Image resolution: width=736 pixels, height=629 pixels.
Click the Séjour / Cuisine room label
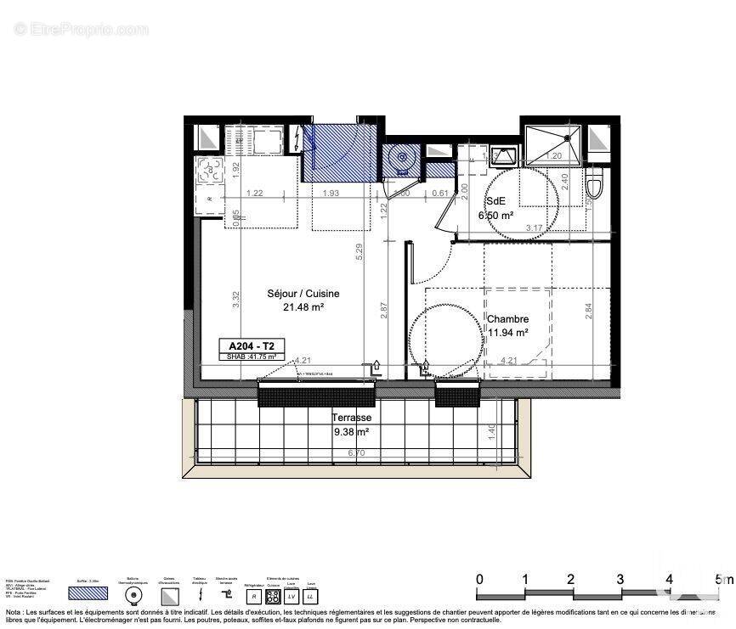pyautogui.click(x=292, y=294)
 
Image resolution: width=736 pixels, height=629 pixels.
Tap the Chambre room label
pyautogui.click(x=508, y=319)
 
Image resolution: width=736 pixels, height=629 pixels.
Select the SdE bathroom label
pyautogui.click(x=495, y=201)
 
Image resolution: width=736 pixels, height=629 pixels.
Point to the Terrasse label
pyautogui.click(x=351, y=418)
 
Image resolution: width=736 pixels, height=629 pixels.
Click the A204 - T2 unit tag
pyautogui.click(x=251, y=345)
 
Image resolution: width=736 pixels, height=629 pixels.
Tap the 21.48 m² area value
pyautogui.click(x=303, y=307)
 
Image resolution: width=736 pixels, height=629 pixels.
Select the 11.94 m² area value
pyautogui.click(x=508, y=333)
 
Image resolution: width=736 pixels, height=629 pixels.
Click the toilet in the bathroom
pyautogui.click(x=596, y=183)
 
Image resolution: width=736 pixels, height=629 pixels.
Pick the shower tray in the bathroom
pyautogui.click(x=553, y=144)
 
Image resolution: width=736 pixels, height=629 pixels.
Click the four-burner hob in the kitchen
pyautogui.click(x=210, y=168)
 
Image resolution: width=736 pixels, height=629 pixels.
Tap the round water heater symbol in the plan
pyautogui.click(x=399, y=157)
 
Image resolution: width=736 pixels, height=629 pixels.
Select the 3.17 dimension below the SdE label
pyautogui.click(x=535, y=227)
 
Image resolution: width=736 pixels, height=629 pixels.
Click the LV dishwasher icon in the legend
pyautogui.click(x=292, y=598)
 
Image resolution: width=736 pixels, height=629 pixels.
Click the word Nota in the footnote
pyautogui.click(x=15, y=612)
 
